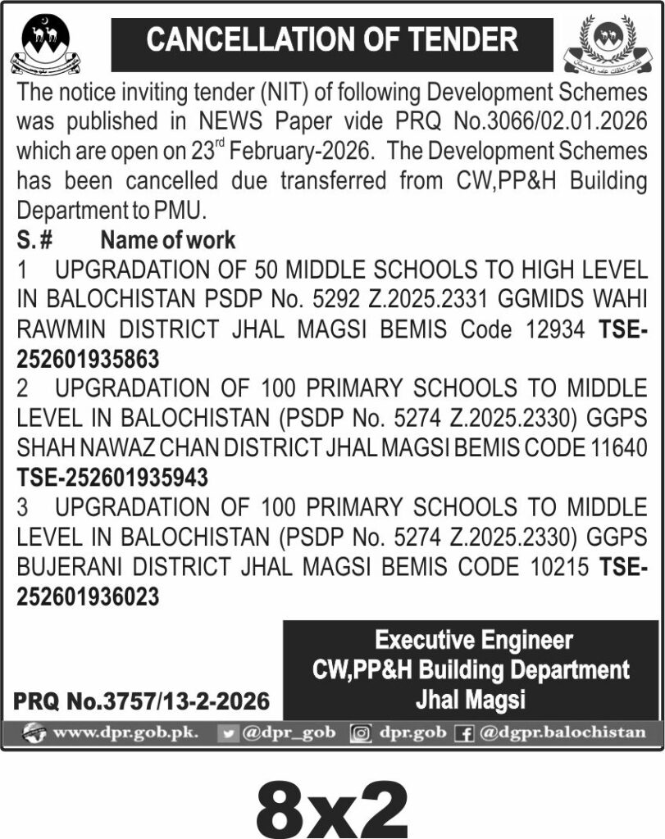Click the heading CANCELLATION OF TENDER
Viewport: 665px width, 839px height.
[332, 40]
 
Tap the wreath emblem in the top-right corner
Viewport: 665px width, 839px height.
[610, 44]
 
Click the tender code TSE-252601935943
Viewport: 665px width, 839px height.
[112, 477]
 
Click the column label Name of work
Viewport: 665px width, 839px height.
[167, 241]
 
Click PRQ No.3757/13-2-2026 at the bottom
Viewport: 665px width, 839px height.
[141, 701]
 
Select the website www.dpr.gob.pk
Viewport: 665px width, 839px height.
[124, 732]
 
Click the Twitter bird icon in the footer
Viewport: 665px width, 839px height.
[230, 732]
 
